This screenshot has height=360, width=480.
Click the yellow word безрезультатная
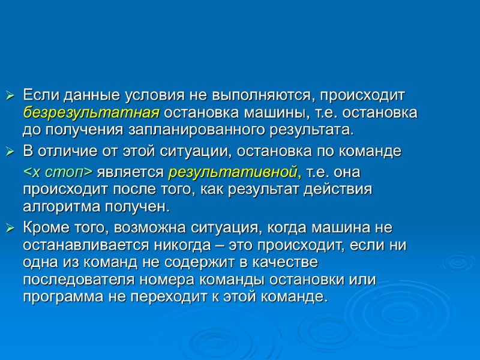[x=91, y=113]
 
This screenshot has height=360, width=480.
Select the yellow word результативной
[x=233, y=173]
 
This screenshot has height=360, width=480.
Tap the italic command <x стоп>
[x=58, y=173]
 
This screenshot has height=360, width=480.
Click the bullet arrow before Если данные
[x=10, y=96]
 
